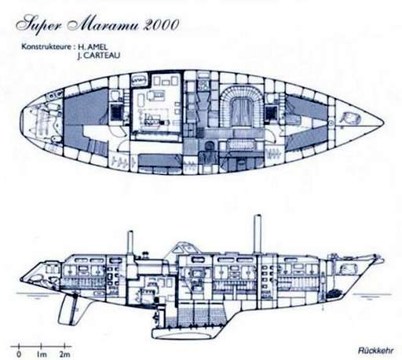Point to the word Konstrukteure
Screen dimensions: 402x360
[x=46, y=47]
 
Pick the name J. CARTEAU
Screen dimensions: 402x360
[x=99, y=56]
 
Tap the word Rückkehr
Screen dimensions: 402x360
[x=375, y=351]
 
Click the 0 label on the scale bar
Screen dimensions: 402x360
[x=19, y=355]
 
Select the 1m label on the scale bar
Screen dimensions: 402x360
[x=42, y=355]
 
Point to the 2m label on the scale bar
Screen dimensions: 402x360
[x=65, y=355]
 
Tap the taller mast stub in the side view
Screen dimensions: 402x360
[x=258, y=234]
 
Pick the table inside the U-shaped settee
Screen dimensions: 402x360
[x=241, y=109]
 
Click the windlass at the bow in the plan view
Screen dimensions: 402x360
[x=350, y=118]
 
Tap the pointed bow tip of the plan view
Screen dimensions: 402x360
[x=384, y=122]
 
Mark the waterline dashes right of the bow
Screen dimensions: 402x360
[x=372, y=296]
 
